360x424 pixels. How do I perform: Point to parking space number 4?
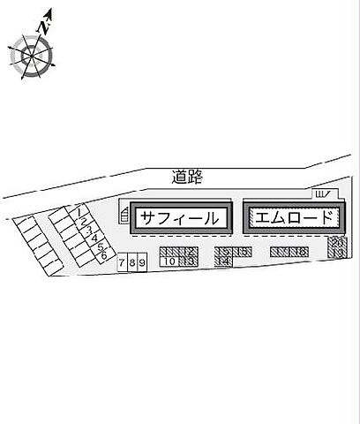[95, 238]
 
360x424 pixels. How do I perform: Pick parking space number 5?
[101, 246]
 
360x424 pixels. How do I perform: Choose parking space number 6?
[105, 254]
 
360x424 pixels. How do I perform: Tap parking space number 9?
[141, 263]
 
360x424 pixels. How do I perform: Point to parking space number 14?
[223, 261]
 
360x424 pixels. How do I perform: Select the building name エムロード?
[291, 216]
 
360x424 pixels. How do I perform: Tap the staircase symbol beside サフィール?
[124, 216]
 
